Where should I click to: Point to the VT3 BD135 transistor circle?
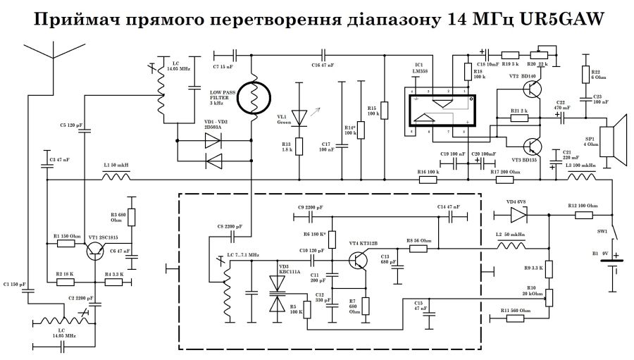pyautogui.click(x=533, y=147)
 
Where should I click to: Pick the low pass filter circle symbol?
pyautogui.click(x=252, y=98)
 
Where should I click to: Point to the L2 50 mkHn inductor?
pyautogui.click(x=514, y=247)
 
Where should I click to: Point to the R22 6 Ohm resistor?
pyautogui.click(x=584, y=75)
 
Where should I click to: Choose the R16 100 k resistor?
pyautogui.click(x=428, y=179)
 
